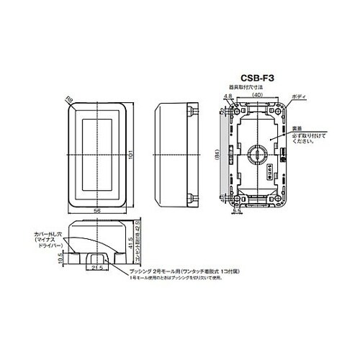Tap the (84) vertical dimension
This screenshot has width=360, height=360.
(x=218, y=153)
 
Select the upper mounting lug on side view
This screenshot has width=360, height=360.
(x=192, y=112)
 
